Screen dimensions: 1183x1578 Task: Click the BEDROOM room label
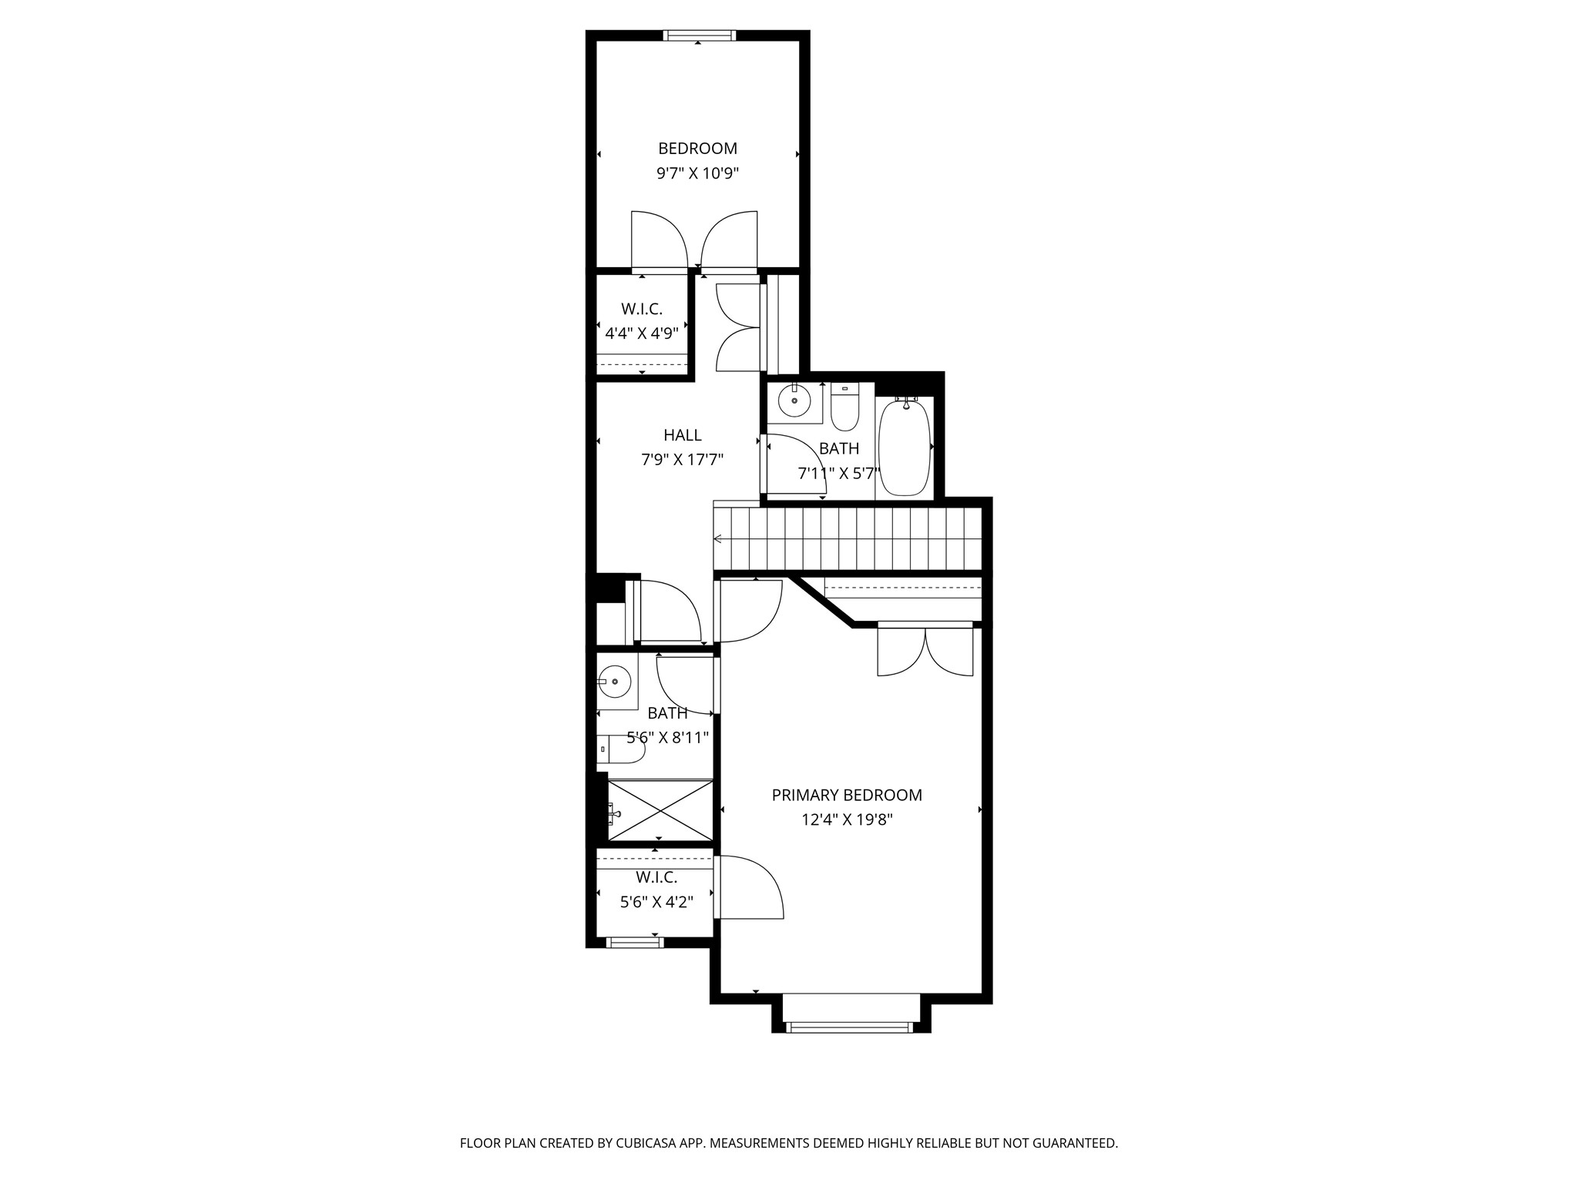tap(697, 149)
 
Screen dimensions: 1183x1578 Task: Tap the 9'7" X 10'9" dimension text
tap(697, 173)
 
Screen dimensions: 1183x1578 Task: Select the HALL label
tap(682, 435)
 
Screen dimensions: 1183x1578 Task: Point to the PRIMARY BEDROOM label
tap(847, 795)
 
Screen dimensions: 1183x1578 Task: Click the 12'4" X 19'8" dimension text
tap(847, 819)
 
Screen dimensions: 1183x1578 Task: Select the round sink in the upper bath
tap(794, 400)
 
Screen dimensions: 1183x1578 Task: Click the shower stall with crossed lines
tap(660, 810)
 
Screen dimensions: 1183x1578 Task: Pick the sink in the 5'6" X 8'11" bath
tap(614, 682)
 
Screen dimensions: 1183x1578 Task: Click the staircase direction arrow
tap(717, 538)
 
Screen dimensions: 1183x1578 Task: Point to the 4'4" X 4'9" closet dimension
tap(641, 333)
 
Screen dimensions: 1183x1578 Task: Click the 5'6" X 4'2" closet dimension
tap(656, 902)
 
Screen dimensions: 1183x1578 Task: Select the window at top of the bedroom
tap(699, 35)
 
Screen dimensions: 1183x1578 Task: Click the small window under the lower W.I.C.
tap(634, 942)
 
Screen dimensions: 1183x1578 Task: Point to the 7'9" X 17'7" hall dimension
tap(682, 460)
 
